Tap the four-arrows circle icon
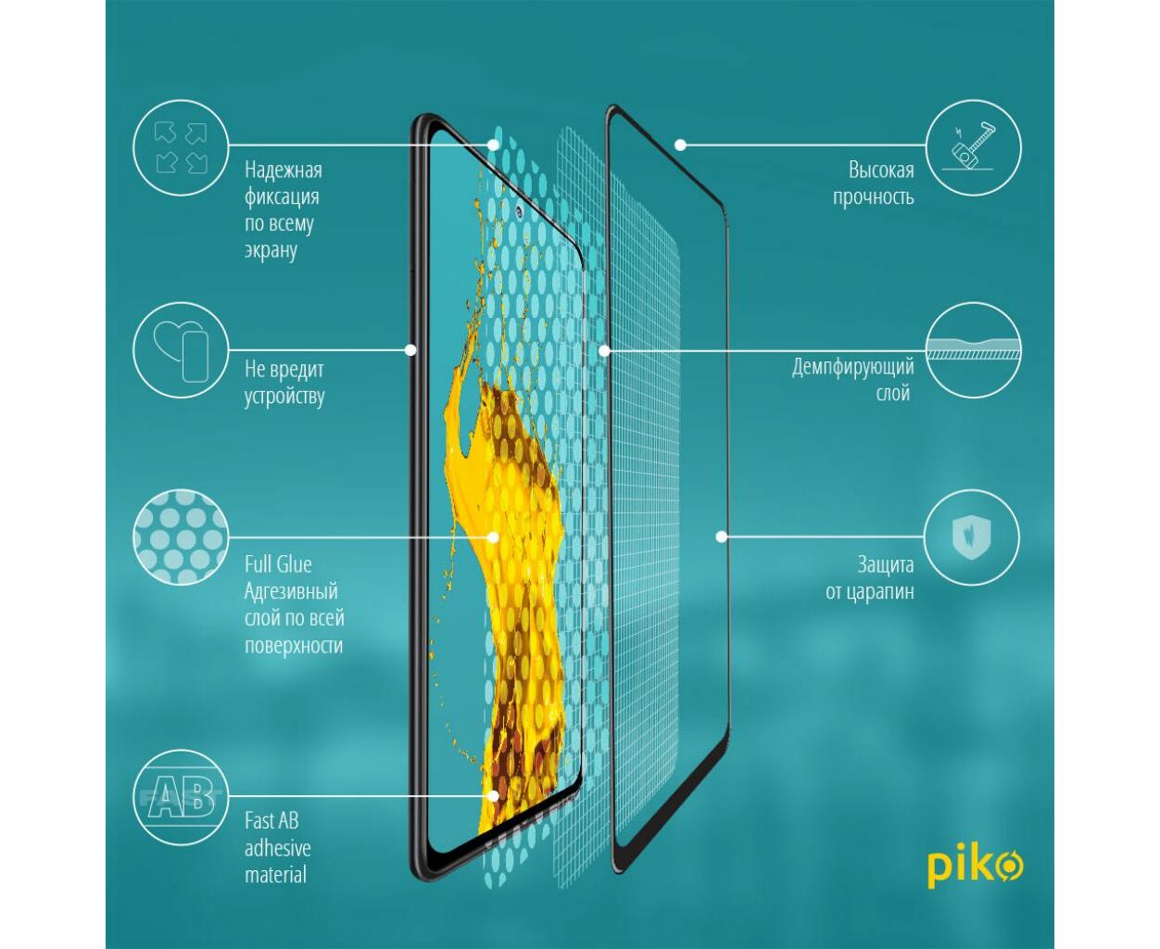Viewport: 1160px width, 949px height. [181, 147]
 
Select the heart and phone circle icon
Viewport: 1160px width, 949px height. [181, 350]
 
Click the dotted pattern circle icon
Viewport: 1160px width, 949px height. [181, 537]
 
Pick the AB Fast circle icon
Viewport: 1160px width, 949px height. [181, 797]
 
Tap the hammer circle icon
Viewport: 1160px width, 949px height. [973, 147]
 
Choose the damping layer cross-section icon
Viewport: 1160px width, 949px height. [973, 350]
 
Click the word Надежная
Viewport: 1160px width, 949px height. [284, 170]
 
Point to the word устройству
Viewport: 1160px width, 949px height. [284, 397]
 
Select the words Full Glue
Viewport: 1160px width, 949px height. [278, 564]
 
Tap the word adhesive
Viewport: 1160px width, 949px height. [278, 848]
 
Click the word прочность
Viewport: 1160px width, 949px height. [873, 197]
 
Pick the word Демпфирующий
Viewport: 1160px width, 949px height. [852, 368]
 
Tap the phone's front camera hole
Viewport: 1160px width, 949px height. [519, 210]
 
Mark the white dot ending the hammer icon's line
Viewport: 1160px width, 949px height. [680, 146]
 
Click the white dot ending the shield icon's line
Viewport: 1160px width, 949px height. [722, 537]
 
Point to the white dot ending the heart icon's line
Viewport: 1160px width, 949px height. [410, 350]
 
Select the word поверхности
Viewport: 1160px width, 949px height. [294, 646]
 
